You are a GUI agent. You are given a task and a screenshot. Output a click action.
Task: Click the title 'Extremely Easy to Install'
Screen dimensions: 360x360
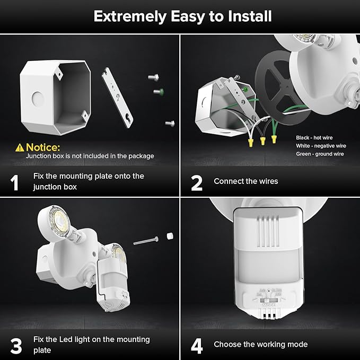182,16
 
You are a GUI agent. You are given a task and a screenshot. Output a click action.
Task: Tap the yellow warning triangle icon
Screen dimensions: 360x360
20,147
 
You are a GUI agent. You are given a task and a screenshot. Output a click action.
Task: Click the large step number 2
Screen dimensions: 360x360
196,182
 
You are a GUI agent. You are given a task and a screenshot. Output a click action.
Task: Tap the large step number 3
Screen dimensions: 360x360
16,345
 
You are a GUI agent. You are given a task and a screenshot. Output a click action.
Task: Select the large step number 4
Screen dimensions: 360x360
197,345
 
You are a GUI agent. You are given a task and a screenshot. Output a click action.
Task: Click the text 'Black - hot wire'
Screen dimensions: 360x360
315,137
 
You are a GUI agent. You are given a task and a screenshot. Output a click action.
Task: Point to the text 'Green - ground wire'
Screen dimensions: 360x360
320,154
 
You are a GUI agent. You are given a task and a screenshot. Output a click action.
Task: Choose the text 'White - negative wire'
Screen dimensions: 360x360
321,145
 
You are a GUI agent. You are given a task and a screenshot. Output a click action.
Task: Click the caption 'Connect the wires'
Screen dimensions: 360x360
245,181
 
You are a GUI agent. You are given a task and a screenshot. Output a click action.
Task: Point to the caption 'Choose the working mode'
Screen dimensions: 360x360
260,345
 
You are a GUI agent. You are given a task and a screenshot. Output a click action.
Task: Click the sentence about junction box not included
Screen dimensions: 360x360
90,156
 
